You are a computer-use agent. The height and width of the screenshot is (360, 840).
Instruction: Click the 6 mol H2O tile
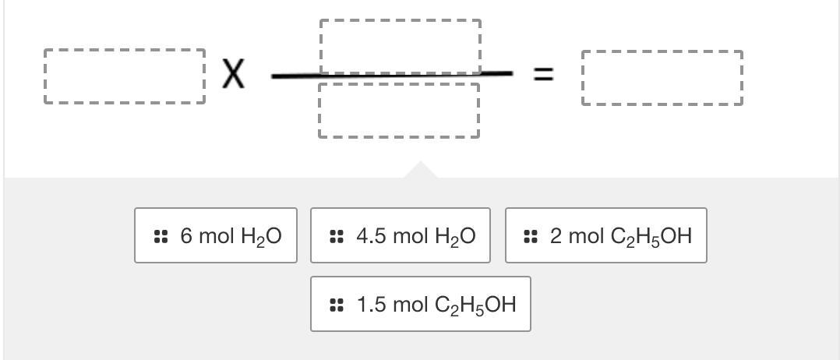pyautogui.click(x=216, y=235)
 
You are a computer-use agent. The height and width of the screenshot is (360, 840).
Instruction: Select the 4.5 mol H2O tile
pyautogui.click(x=401, y=235)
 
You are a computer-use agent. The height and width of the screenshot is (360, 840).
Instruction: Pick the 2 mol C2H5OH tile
pyautogui.click(x=606, y=235)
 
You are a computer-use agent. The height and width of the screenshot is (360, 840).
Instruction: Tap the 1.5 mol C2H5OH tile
pyautogui.click(x=421, y=304)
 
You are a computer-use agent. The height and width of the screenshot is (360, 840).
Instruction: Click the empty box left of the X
pyautogui.click(x=125, y=76)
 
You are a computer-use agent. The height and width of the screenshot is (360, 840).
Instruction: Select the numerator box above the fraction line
pyautogui.click(x=400, y=45)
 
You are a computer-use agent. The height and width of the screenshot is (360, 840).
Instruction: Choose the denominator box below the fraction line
pyautogui.click(x=399, y=111)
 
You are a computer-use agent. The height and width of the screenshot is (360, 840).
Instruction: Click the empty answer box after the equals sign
pyautogui.click(x=662, y=78)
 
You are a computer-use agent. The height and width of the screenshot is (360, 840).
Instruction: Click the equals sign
pyautogui.click(x=543, y=75)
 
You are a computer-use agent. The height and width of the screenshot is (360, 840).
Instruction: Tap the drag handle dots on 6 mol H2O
pyautogui.click(x=161, y=236)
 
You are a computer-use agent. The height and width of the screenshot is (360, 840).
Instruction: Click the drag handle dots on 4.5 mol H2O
pyautogui.click(x=337, y=236)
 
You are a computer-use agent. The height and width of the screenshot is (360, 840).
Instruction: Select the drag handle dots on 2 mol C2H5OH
pyautogui.click(x=531, y=236)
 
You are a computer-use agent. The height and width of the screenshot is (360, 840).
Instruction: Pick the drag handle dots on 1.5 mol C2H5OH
pyautogui.click(x=337, y=305)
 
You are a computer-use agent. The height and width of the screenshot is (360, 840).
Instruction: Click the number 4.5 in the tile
pyautogui.click(x=371, y=235)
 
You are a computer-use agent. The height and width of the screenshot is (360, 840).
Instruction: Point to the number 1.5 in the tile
pyautogui.click(x=371, y=304)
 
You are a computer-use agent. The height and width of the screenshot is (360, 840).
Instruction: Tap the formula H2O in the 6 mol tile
pyautogui.click(x=261, y=236)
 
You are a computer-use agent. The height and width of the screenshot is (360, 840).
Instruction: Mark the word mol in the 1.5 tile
pyautogui.click(x=409, y=304)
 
